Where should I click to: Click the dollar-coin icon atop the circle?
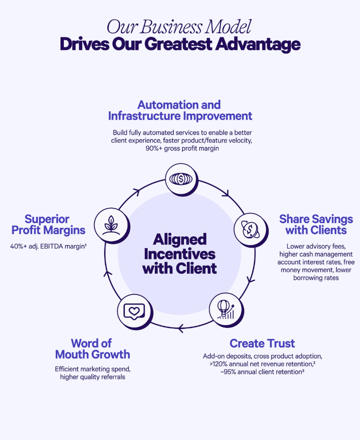[x=181, y=179]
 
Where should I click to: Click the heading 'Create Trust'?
[x=262, y=343]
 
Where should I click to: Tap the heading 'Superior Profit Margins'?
[x=48, y=224]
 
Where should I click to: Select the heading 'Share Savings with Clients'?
[x=316, y=224]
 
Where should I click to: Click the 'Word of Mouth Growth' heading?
[x=92, y=348]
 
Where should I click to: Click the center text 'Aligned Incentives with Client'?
[x=180, y=254]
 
